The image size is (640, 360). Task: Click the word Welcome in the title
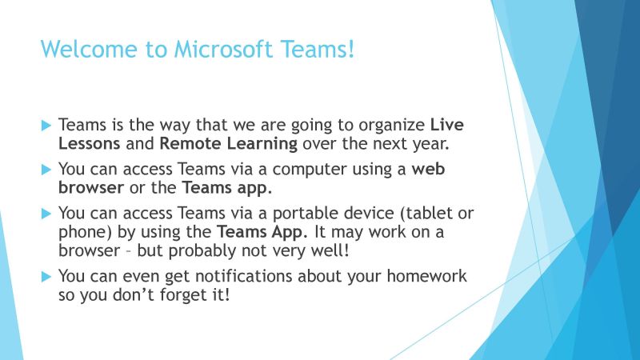[89, 49]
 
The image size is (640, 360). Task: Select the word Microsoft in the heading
[223, 49]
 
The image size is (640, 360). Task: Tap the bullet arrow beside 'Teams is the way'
[46, 126]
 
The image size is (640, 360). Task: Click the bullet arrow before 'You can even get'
[46, 277]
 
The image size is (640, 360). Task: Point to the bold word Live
[447, 125]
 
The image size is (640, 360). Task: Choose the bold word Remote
[190, 143]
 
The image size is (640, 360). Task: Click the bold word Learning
[262, 145]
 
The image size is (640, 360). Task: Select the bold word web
[428, 169]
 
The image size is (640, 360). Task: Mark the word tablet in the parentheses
[426, 213]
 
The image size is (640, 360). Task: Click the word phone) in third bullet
[85, 233]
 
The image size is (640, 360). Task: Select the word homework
[426, 276]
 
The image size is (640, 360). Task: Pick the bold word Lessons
[90, 143]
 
